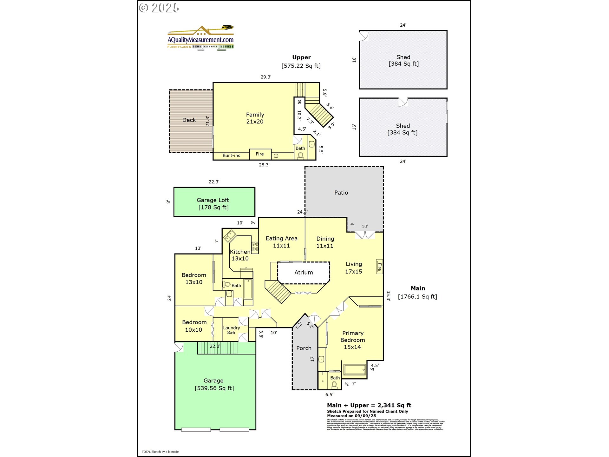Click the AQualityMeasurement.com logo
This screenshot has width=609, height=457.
click(x=200, y=38)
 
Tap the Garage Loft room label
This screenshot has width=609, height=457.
click(x=213, y=200)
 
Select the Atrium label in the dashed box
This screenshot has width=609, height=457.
click(x=304, y=273)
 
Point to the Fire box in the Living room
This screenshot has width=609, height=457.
click(x=379, y=267)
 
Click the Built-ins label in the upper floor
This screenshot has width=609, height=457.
click(x=231, y=156)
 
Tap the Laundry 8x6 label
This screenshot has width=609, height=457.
click(x=231, y=330)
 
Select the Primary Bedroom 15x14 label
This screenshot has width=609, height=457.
click(x=352, y=340)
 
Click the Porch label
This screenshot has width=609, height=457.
click(x=304, y=348)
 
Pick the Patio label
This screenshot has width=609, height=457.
click(x=341, y=193)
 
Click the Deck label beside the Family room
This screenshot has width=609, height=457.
click(x=189, y=120)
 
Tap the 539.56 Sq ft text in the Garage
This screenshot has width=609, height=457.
click(x=214, y=388)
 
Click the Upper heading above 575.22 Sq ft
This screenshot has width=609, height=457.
click(x=301, y=57)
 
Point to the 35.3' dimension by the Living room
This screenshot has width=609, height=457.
click(x=388, y=295)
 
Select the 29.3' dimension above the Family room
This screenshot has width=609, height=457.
click(x=266, y=77)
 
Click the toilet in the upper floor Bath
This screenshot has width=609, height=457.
click(x=300, y=156)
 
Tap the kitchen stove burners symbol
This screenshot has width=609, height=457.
click(x=255, y=247)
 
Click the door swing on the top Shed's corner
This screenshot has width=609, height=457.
click(x=364, y=36)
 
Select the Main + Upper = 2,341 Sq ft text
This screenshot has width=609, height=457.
click(x=369, y=405)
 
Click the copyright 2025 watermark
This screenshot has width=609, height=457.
click(x=159, y=8)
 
